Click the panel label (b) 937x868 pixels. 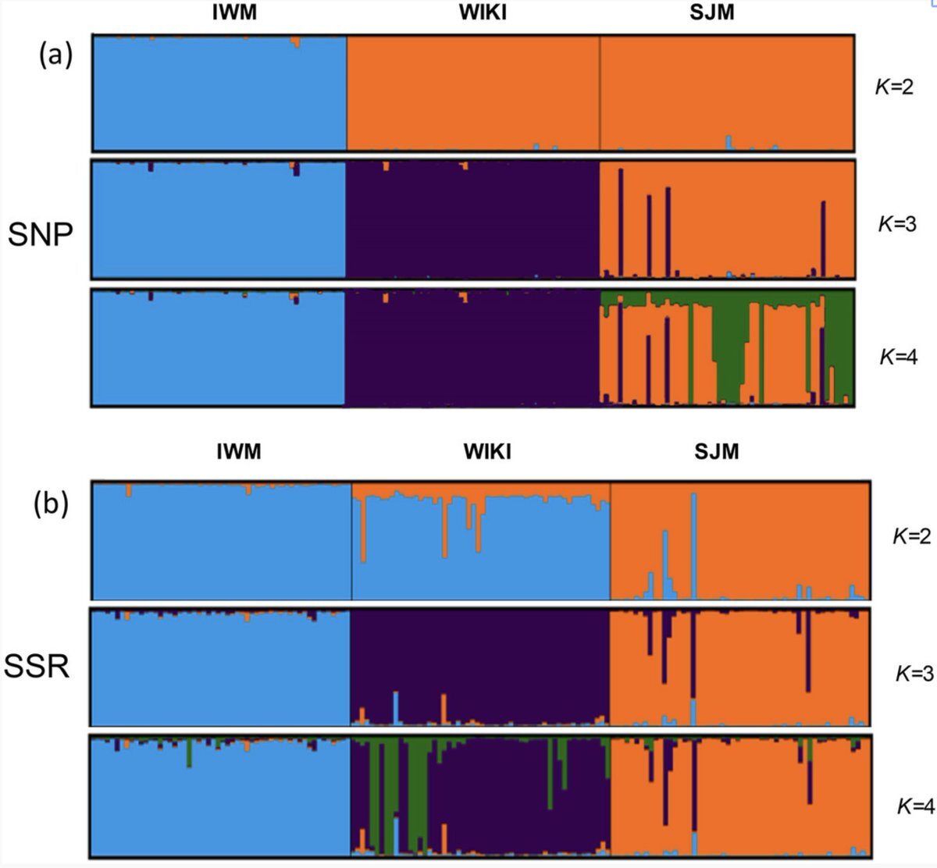pyautogui.click(x=51, y=503)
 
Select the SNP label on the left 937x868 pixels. pyautogui.click(x=41, y=233)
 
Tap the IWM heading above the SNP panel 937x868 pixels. pyautogui.click(x=233, y=12)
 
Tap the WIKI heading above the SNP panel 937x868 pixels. pyautogui.click(x=483, y=12)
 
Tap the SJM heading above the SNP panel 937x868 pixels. pyautogui.click(x=711, y=12)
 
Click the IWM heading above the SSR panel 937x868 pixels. pyautogui.click(x=238, y=451)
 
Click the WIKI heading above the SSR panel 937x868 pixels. pyautogui.click(x=487, y=451)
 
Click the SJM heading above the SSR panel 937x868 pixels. pyautogui.click(x=716, y=451)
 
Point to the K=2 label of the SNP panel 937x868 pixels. pyautogui.click(x=893, y=87)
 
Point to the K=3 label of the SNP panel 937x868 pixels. pyautogui.click(x=897, y=224)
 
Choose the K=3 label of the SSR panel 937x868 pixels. pyautogui.click(x=914, y=673)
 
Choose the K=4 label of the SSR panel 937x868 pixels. pyautogui.click(x=914, y=806)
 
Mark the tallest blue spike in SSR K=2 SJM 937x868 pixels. pyautogui.click(x=693, y=546)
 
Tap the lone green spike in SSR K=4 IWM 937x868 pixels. pyautogui.click(x=189, y=753)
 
